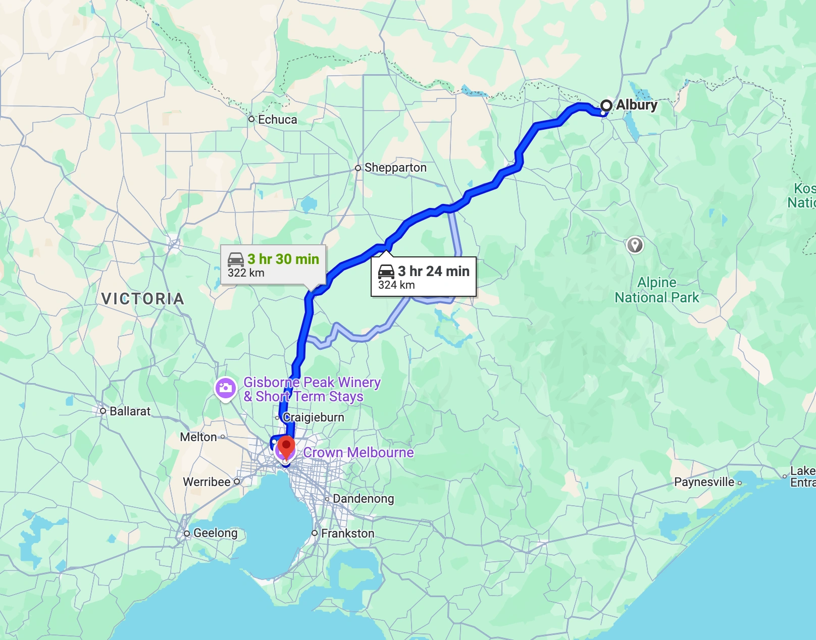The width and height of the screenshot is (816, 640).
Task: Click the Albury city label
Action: [x=636, y=105]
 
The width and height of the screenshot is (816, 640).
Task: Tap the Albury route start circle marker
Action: [x=606, y=105]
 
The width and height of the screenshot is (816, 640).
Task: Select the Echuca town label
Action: [x=277, y=120]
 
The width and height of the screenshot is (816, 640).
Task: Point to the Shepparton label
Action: [x=395, y=168]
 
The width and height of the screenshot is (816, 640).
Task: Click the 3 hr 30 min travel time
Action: [x=283, y=259]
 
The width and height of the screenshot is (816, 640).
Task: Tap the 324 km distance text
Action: [x=396, y=285]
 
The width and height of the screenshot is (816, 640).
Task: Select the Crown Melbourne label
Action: [x=358, y=453]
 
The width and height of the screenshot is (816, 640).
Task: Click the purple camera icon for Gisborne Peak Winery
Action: [x=226, y=388]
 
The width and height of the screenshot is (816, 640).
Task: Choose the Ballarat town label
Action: [x=130, y=411]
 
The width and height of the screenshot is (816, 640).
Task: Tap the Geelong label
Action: [x=215, y=533]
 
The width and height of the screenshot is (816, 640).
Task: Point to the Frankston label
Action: [x=347, y=534]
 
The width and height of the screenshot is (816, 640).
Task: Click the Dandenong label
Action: [x=363, y=499]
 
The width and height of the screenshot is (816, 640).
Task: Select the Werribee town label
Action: [x=207, y=482]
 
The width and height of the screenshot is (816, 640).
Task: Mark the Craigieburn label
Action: [x=313, y=417]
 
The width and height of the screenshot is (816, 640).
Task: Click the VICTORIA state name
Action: [x=143, y=299]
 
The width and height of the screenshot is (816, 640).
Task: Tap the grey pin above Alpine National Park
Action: [x=635, y=245]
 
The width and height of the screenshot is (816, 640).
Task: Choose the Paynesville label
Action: [x=704, y=482]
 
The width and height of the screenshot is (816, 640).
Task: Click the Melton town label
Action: [x=198, y=437]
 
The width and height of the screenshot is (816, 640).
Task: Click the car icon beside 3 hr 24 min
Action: [x=386, y=272]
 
